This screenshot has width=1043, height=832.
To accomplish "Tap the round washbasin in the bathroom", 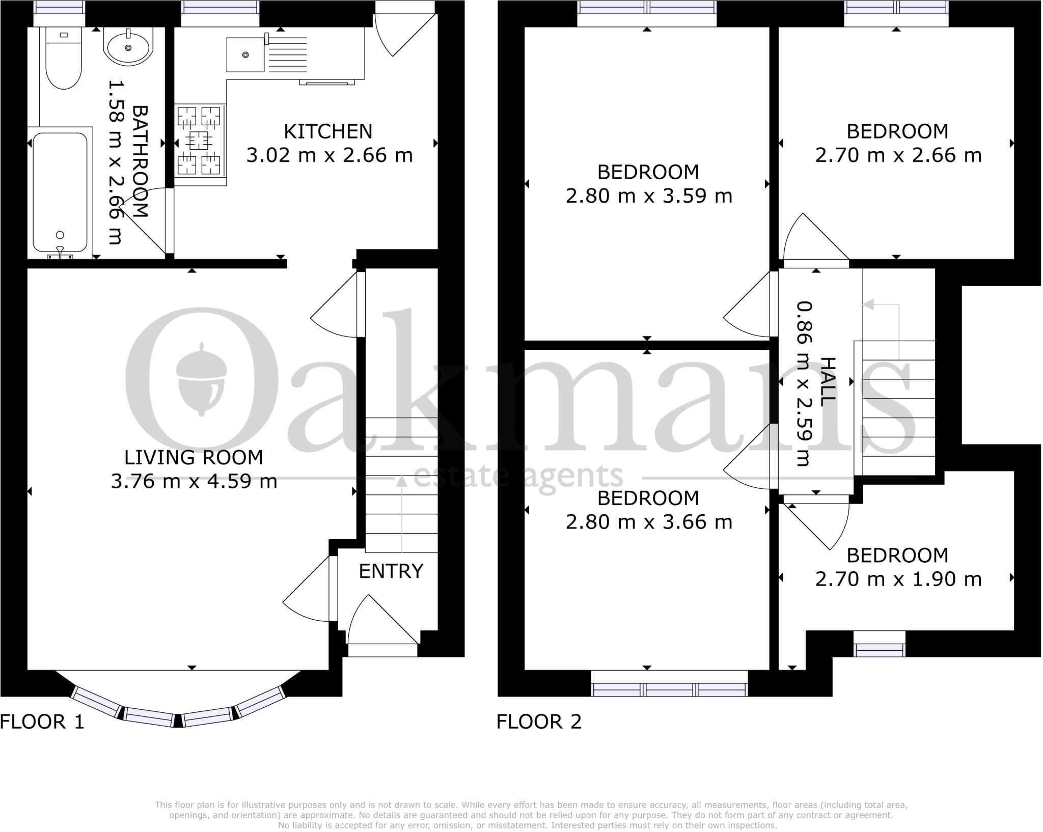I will (128, 47).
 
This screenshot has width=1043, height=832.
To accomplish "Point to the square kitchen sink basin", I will (245, 54).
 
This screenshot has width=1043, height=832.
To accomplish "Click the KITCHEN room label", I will (328, 131).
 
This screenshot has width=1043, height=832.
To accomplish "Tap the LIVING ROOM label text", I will (194, 457).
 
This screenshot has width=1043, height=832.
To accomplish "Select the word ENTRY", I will (391, 571).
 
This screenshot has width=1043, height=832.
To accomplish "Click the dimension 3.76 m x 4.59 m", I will (194, 481).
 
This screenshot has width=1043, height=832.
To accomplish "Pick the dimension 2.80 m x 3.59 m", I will (648, 196).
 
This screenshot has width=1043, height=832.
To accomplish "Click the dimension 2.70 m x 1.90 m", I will (898, 579).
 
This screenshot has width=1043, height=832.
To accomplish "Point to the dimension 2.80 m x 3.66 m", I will (648, 522).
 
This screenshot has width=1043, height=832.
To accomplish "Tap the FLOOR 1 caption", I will (42, 722).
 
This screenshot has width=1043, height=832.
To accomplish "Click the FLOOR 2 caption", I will (539, 722).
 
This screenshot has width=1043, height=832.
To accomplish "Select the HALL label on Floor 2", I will (829, 382).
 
